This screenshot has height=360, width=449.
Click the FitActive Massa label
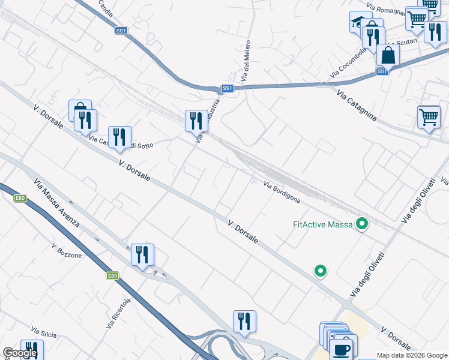322,225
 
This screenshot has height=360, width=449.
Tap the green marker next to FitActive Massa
361,224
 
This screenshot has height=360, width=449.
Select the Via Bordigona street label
282,192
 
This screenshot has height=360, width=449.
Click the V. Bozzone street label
67,251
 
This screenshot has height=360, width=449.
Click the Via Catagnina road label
357,106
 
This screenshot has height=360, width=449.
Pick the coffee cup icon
342,349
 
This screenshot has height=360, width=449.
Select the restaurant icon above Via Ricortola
142,254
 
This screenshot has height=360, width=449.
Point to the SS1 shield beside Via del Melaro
227,88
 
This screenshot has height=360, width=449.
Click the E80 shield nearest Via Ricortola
112,276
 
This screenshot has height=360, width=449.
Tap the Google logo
20,353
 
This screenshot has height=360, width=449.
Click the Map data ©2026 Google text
412,355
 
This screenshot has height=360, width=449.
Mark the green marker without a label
321,271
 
